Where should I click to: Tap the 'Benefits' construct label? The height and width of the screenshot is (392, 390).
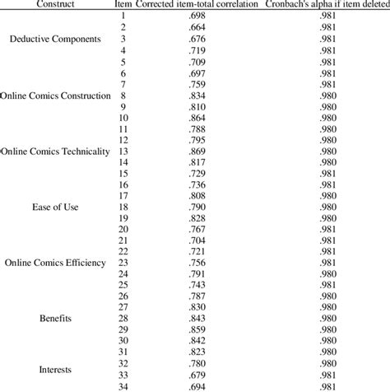56,317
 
